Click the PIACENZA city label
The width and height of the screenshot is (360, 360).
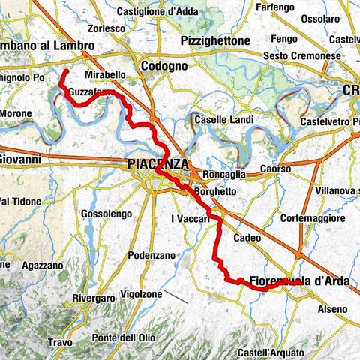click(157, 163)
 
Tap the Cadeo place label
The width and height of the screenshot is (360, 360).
click(247, 237)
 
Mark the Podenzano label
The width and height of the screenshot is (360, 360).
click(151, 253)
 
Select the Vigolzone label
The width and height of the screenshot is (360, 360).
click(141, 294)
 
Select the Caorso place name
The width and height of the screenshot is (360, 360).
click(275, 169)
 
